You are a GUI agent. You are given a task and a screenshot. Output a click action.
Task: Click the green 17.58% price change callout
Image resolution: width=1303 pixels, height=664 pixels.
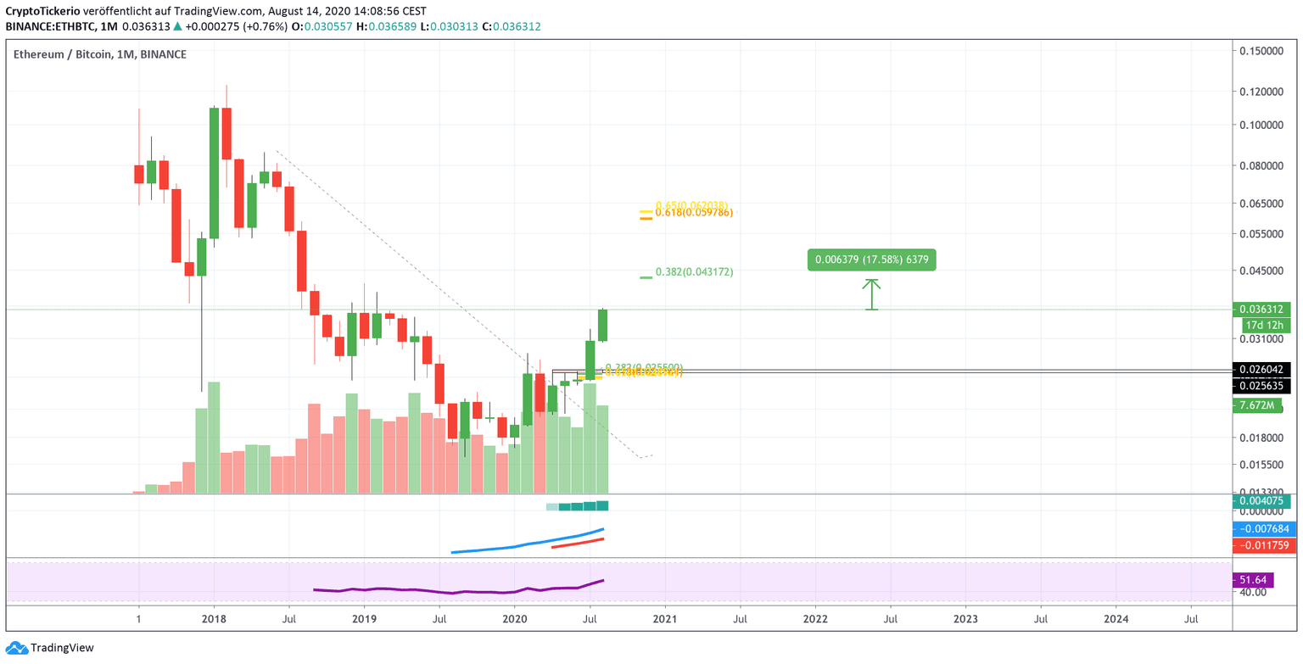click(871, 259)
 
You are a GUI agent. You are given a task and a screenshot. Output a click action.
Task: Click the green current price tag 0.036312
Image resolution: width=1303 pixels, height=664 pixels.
click(1265, 310)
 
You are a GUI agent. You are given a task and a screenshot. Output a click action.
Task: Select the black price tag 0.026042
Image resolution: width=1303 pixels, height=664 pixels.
click(1265, 370)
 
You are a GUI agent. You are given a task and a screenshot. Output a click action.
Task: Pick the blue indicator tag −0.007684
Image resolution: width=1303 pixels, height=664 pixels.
click(1265, 529)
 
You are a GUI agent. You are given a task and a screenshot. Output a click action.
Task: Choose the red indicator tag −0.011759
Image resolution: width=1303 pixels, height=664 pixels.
click(1265, 545)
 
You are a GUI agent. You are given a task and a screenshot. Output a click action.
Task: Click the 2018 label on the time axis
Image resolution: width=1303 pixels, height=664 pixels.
click(214, 619)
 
